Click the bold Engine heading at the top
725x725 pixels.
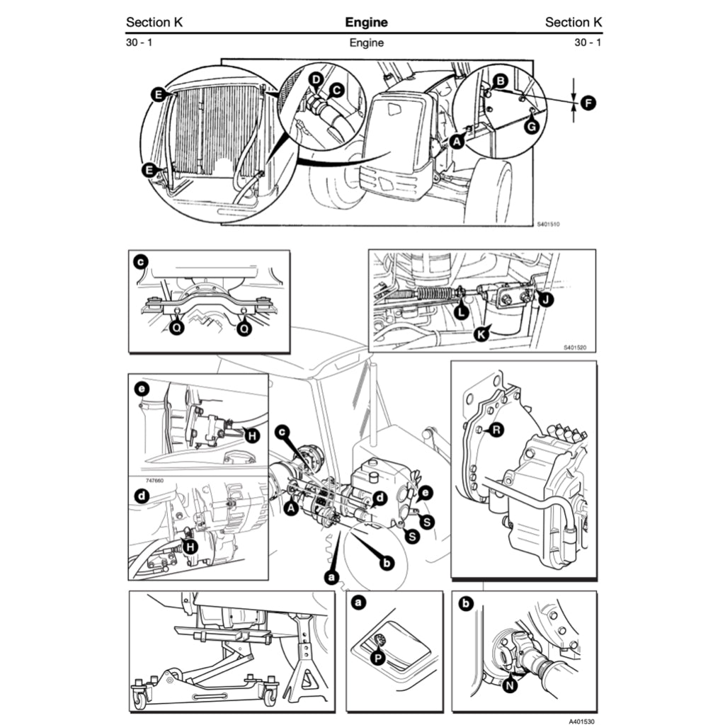coord(366,22)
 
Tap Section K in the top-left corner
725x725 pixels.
coord(154,22)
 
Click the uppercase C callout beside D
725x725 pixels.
coord(337,90)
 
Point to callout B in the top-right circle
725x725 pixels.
coord(500,82)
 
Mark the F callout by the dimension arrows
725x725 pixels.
coord(588,103)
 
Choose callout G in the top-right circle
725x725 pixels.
coord(532,127)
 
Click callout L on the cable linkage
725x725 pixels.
coord(462,310)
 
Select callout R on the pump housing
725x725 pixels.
coord(497,429)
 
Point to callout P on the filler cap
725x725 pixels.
coord(378,658)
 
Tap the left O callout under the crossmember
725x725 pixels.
coord(176,329)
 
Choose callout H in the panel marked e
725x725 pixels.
coord(251,435)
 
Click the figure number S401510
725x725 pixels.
coord(547,224)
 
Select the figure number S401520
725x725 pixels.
coord(575,348)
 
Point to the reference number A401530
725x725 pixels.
coord(581,720)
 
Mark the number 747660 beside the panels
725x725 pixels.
coord(144,479)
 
